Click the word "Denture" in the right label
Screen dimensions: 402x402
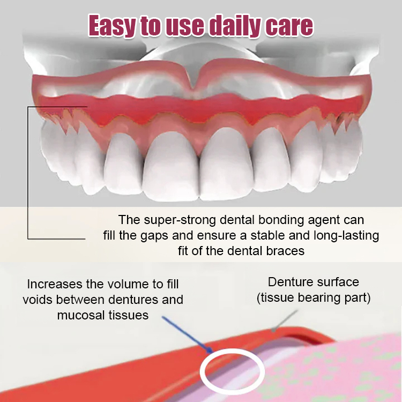290,282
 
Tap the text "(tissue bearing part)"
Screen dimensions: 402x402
313,297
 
